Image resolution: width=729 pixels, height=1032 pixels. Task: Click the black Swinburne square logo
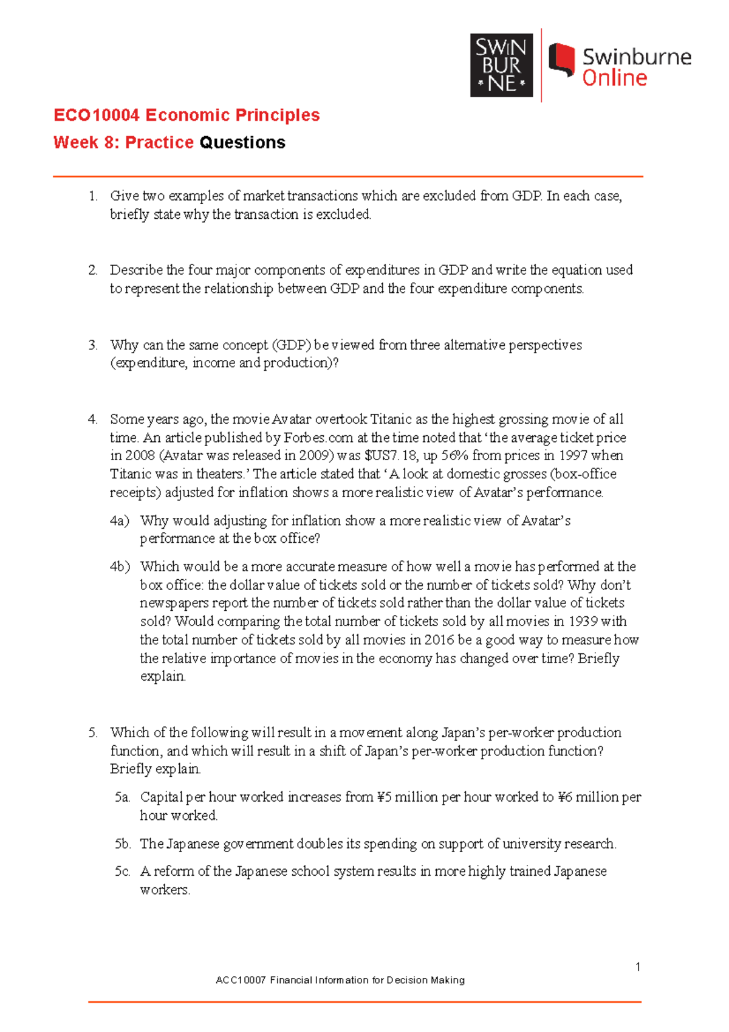[501, 65]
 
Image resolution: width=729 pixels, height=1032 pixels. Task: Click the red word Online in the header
[614, 78]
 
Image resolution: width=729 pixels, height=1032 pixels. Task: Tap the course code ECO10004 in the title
[97, 115]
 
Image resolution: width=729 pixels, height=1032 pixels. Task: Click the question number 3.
[92, 345]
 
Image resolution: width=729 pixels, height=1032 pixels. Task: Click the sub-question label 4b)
[120, 566]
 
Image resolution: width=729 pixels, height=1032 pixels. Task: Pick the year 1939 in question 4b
[583, 621]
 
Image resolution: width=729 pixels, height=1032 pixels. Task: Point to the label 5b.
[123, 844]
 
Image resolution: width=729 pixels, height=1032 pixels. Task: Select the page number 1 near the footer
[638, 967]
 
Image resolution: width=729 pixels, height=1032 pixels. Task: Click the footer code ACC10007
[241, 980]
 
